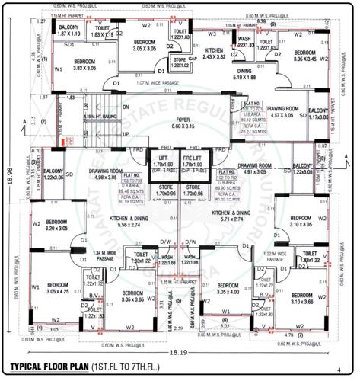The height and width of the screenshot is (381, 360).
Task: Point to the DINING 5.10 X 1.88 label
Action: coord(247,72)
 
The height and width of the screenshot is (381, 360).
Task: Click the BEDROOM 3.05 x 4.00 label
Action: coord(231,288)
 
